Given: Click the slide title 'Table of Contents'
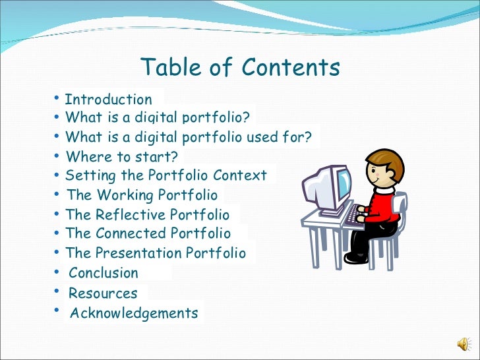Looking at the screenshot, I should click(x=240, y=67).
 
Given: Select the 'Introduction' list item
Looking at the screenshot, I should click(x=108, y=100).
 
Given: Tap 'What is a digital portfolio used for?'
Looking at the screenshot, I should click(x=189, y=137).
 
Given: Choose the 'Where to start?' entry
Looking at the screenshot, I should click(x=122, y=157).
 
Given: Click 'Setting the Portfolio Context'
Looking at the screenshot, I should click(x=166, y=175).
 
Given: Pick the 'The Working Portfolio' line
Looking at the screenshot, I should click(x=142, y=195).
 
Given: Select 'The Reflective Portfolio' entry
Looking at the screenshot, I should click(x=148, y=215).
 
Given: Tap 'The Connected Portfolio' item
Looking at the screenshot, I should click(x=148, y=233).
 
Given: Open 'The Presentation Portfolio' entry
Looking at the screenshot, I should click(x=156, y=253).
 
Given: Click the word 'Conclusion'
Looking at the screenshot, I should click(x=104, y=273).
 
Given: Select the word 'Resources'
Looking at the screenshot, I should click(x=103, y=293).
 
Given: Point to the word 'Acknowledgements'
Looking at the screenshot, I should click(x=134, y=313).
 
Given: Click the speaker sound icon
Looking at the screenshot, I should click(x=464, y=344).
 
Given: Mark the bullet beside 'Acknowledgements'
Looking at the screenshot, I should click(x=58, y=311).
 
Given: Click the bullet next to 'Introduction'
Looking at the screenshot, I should click(x=57, y=99).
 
